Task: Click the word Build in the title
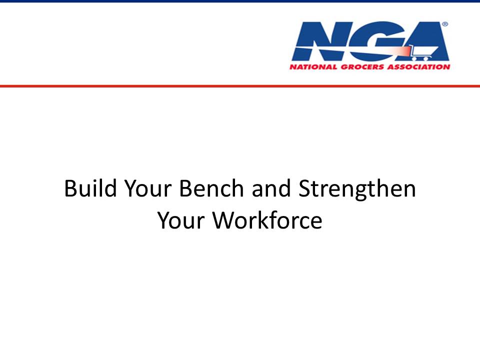coord(90,188)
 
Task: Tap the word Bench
coord(211,188)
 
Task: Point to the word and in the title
coord(271,188)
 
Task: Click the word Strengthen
coord(357,189)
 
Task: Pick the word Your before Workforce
coord(181,220)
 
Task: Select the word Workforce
coord(267,220)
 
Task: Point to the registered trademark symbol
coord(445,24)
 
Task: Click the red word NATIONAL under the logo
coord(313,67)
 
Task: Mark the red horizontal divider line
coord(240,86)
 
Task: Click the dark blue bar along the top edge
coord(240,1)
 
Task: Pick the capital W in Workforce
coord(224,220)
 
